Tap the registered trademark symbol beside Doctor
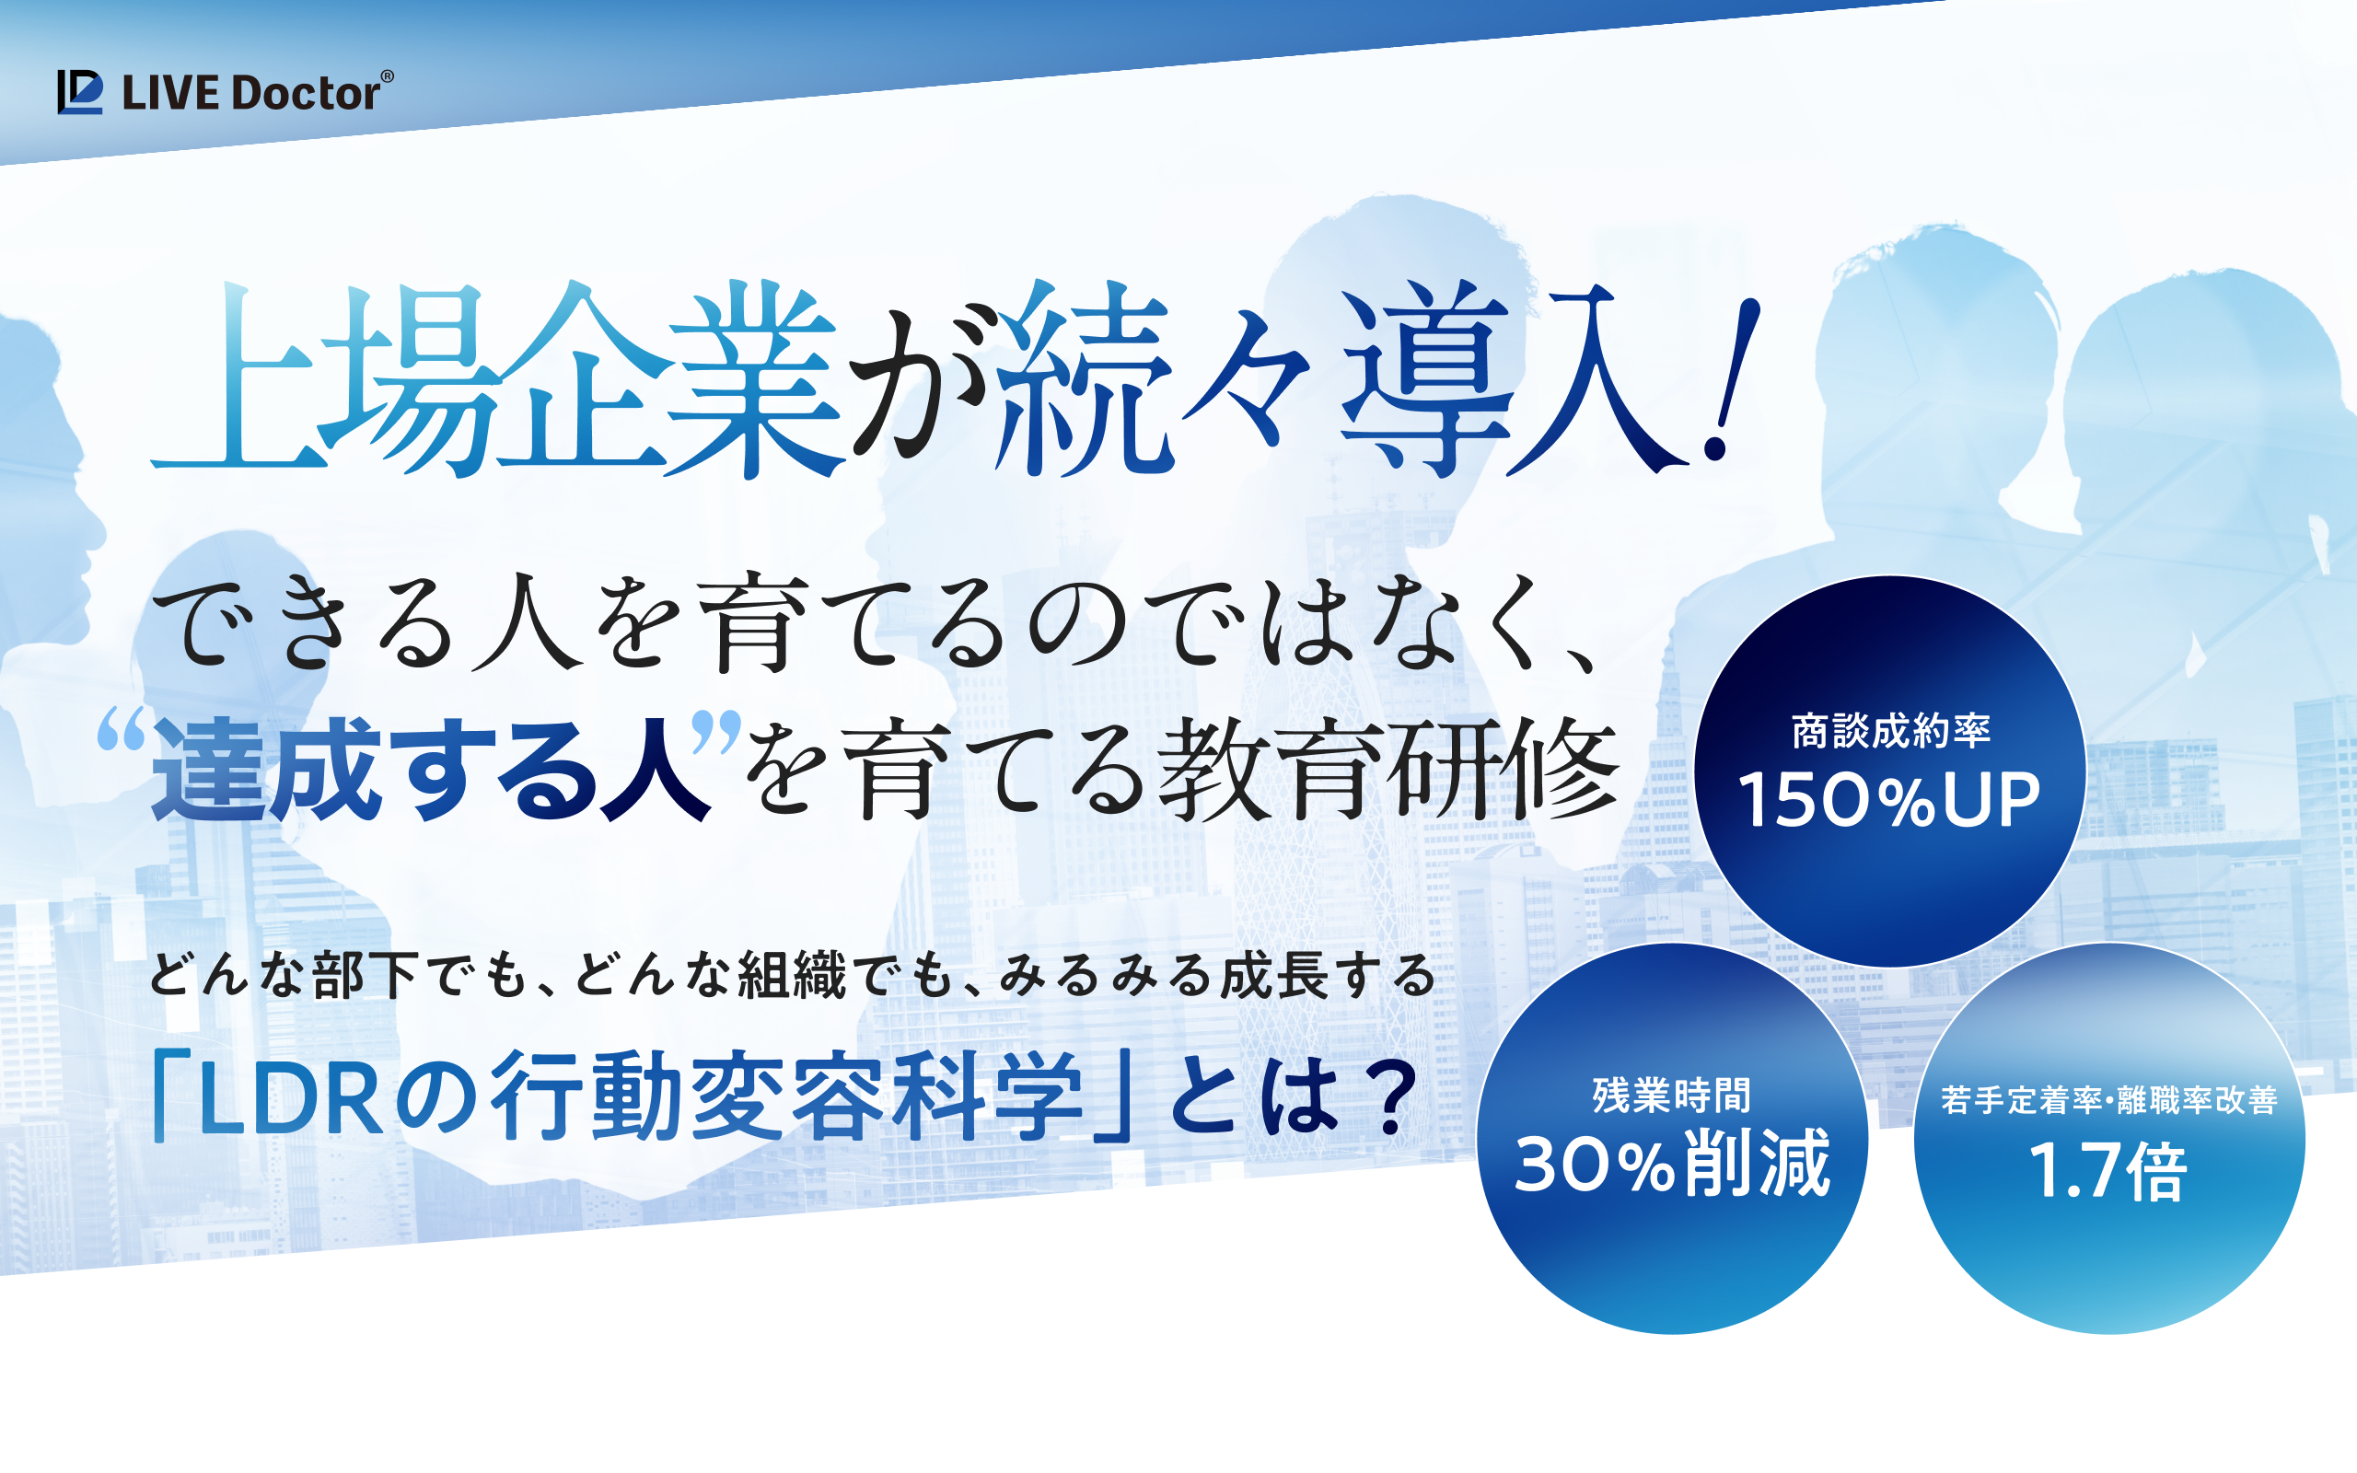(387, 76)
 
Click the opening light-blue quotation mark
(122, 730)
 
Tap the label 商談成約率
(1890, 731)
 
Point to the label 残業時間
(1671, 1095)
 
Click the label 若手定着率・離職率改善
(2108, 1100)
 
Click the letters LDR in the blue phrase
(290, 1102)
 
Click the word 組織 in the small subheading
(791, 975)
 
